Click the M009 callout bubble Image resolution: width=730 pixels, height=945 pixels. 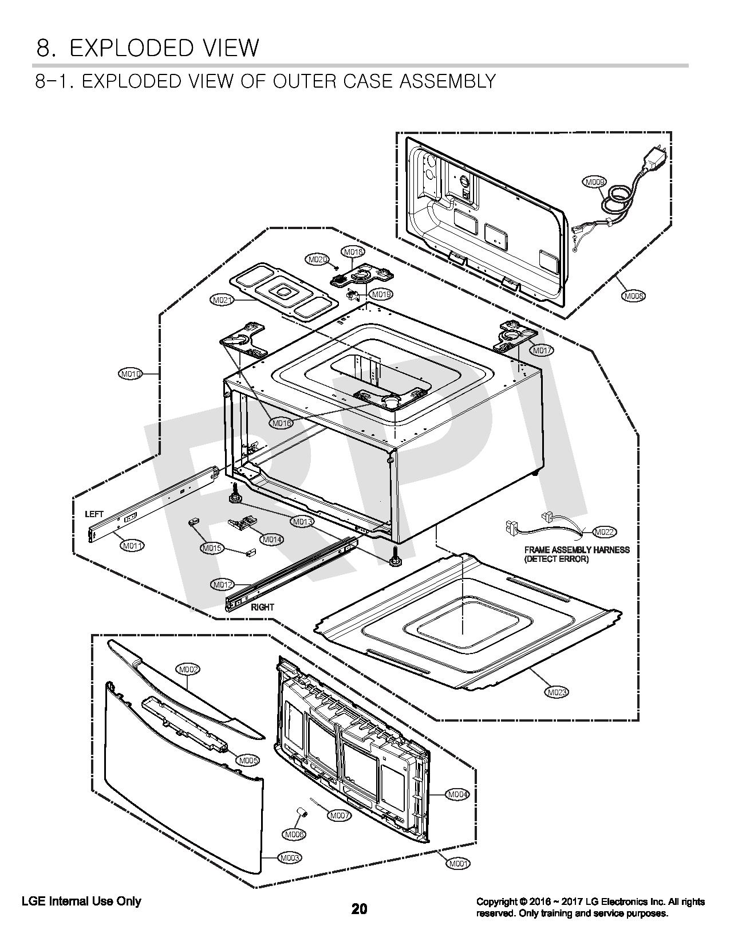(x=594, y=182)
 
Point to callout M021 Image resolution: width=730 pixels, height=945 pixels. (x=222, y=300)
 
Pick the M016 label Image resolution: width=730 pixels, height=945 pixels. (x=281, y=423)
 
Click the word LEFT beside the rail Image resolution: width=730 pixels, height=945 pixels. (x=94, y=514)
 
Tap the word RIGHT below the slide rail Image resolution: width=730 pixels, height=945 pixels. (x=262, y=607)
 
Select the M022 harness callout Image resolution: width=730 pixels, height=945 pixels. (x=605, y=532)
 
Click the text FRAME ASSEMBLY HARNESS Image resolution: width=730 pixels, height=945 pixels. (x=577, y=550)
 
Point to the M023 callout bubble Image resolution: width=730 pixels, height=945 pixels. (x=557, y=692)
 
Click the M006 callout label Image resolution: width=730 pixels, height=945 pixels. (x=294, y=834)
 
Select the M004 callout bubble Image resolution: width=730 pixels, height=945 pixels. (x=457, y=794)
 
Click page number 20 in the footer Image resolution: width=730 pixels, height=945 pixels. (x=360, y=908)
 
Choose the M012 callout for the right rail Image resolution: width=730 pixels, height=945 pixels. (x=223, y=585)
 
